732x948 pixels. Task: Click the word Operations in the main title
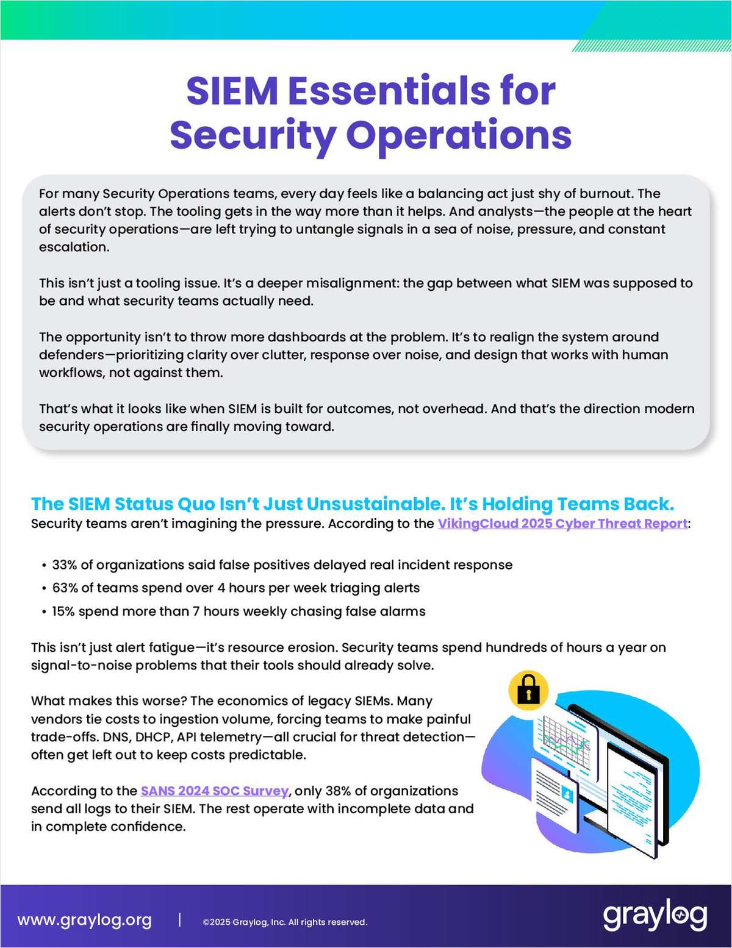[x=459, y=135]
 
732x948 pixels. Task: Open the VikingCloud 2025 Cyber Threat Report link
[x=562, y=524]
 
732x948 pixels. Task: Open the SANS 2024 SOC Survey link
[x=214, y=791]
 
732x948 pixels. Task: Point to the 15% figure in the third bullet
[x=63, y=611]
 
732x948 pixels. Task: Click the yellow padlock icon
[x=528, y=691]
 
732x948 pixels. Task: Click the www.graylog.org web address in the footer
[x=84, y=920]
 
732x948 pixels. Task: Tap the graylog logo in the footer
[x=655, y=916]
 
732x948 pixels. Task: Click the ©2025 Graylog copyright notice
[x=285, y=922]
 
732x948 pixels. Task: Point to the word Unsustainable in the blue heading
[x=373, y=504]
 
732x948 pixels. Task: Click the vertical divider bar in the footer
[x=179, y=920]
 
